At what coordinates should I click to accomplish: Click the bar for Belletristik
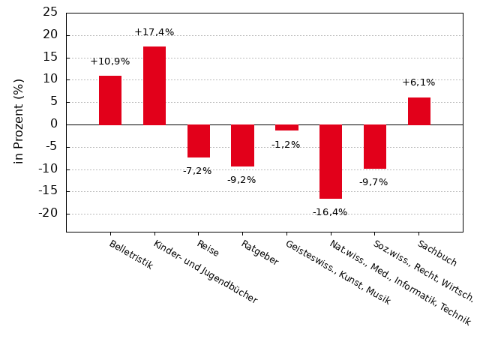[110, 100]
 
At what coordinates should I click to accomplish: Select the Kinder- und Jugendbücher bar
[154, 85]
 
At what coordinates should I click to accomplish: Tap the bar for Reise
[199, 141]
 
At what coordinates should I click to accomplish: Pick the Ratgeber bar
[242, 145]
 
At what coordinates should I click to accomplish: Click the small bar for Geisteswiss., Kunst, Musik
[286, 127]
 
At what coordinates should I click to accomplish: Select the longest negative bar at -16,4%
[331, 161]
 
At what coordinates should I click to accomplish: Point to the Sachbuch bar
[419, 111]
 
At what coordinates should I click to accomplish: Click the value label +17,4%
[154, 32]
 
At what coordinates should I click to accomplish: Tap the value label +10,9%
[110, 61]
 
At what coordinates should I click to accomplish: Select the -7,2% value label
[197, 171]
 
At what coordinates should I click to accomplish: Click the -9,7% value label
[373, 182]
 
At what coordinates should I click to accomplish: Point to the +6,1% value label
[418, 82]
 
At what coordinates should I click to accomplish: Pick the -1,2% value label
[286, 145]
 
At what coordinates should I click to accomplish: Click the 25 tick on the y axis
[50, 12]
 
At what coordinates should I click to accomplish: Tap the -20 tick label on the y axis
[47, 213]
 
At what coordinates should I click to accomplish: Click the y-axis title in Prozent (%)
[19, 121]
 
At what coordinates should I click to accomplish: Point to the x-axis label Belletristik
[130, 255]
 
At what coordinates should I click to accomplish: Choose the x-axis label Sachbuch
[437, 253]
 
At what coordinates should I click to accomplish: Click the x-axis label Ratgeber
[259, 253]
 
